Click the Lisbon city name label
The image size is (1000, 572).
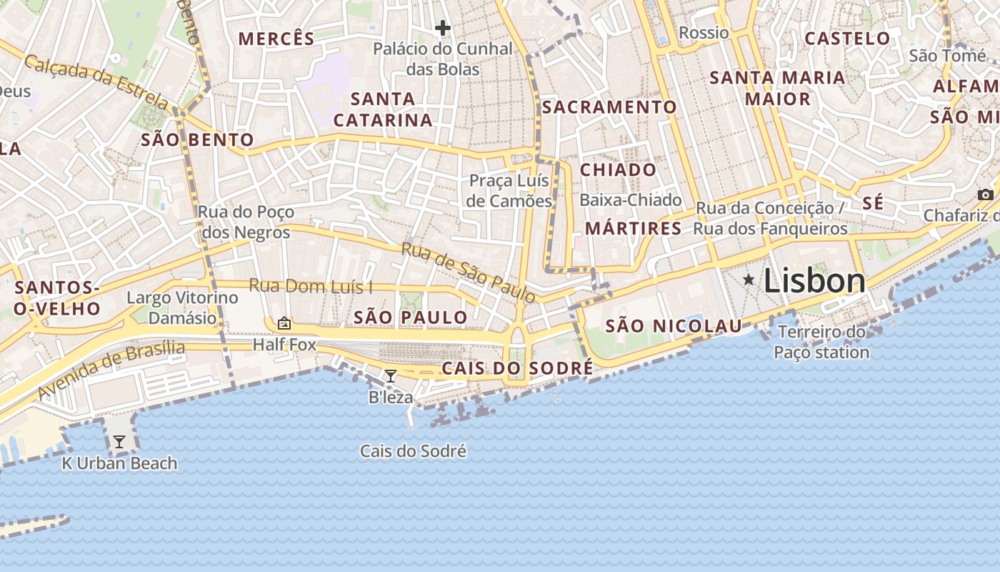tap(814, 280)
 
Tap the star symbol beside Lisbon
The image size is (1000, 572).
tap(749, 280)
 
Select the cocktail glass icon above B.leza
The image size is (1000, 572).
tap(391, 375)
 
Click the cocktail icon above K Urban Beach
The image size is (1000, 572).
tap(119, 442)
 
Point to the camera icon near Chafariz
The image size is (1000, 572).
tap(986, 194)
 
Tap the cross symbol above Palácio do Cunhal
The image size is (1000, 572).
tap(443, 29)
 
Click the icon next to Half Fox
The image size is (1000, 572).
tap(284, 323)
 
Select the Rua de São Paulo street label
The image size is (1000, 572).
tap(468, 272)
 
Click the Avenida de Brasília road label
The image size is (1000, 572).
tap(111, 370)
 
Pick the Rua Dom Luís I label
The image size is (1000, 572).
tap(311, 287)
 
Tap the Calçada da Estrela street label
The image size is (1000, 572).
tap(96, 82)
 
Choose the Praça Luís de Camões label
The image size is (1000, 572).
tap(509, 190)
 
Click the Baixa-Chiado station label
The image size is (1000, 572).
tap(631, 200)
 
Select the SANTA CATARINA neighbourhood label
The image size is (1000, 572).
tap(384, 109)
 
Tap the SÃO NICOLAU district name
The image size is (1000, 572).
tap(674, 327)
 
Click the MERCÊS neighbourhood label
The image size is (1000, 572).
tap(276, 39)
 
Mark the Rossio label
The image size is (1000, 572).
tap(704, 33)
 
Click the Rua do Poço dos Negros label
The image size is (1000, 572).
tap(246, 222)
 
